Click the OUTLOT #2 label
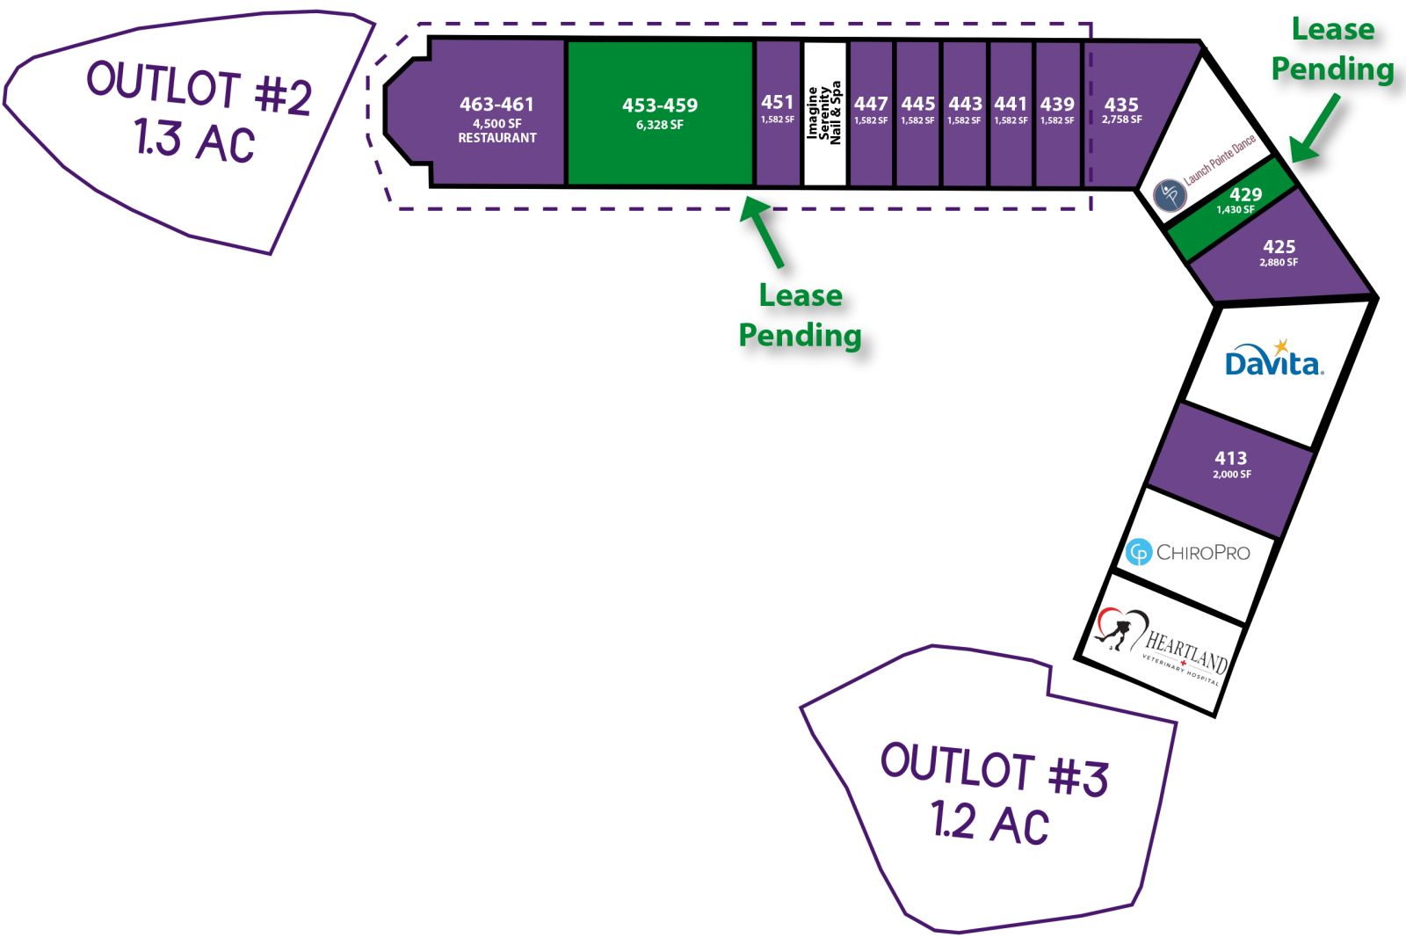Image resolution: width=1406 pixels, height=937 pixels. [x=199, y=88]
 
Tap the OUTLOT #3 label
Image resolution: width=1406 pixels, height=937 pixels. [x=995, y=769]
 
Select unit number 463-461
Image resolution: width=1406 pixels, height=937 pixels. [x=496, y=105]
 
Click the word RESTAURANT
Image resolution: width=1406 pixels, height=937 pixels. [x=497, y=137]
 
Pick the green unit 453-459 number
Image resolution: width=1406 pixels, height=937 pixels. [x=660, y=105]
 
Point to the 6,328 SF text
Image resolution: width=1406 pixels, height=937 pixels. [x=660, y=124]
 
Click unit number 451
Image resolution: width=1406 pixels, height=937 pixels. [x=777, y=102]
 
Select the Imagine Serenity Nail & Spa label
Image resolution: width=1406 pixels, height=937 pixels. [x=824, y=113]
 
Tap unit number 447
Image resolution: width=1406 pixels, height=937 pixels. [x=871, y=104]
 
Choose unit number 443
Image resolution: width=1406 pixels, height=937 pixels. [x=965, y=104]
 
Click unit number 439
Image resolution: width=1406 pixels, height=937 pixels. [x=1057, y=104]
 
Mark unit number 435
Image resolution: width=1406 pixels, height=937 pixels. [x=1121, y=105]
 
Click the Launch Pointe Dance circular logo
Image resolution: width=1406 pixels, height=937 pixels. [x=1170, y=195]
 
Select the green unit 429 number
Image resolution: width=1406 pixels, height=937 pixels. [x=1245, y=194]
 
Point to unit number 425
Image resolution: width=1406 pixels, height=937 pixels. [x=1279, y=247]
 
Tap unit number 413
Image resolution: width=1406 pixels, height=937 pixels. [x=1231, y=458]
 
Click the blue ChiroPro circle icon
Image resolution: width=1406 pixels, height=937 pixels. [x=1139, y=552]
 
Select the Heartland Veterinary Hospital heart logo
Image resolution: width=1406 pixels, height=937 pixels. [x=1122, y=628]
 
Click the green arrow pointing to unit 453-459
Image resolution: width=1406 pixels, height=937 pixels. [x=762, y=232]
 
